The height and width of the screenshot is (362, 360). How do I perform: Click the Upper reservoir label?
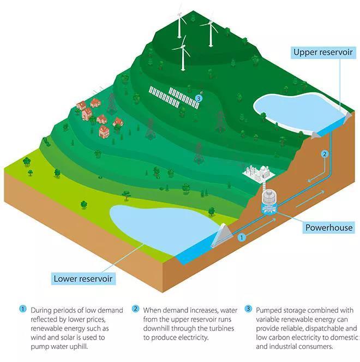(323, 52)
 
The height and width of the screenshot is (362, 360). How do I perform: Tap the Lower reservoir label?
(83, 278)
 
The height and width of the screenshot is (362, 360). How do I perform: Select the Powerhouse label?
(329, 228)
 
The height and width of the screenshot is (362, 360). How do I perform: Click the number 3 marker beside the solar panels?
(199, 99)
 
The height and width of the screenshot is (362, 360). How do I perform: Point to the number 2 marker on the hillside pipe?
(325, 154)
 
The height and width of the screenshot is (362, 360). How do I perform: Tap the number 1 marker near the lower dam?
(242, 238)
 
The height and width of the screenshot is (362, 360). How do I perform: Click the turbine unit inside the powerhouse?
(269, 203)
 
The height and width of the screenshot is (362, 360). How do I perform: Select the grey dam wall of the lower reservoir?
(222, 235)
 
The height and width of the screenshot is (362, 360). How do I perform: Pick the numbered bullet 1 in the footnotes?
(22, 309)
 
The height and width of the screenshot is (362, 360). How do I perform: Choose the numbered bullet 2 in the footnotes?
(135, 308)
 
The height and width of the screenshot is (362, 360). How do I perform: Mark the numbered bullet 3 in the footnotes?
(248, 308)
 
